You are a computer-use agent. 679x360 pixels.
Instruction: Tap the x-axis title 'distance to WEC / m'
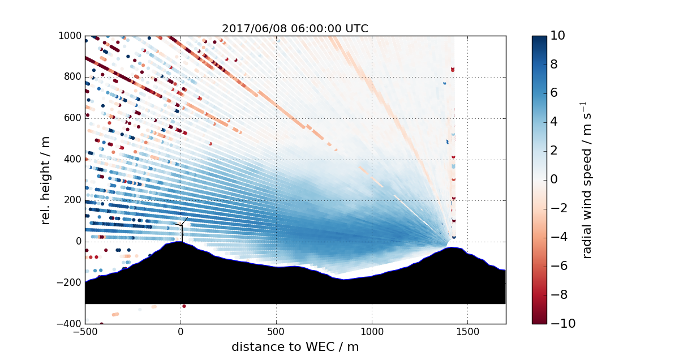click(x=295, y=346)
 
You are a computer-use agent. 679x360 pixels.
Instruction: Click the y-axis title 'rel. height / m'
click(x=46, y=179)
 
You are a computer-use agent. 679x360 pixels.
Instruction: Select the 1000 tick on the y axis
click(x=71, y=36)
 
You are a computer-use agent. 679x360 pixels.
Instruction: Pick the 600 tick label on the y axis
click(x=73, y=118)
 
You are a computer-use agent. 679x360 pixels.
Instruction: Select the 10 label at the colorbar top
click(x=561, y=36)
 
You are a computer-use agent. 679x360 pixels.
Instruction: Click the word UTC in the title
click(x=357, y=28)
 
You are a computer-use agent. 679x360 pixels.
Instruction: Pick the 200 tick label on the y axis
click(x=73, y=200)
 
